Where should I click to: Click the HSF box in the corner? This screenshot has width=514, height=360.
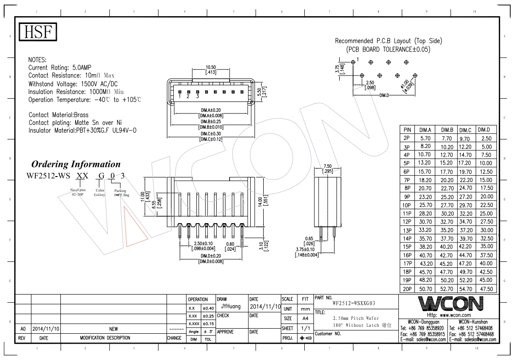point(38,32)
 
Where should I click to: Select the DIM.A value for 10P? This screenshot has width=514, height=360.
point(425,205)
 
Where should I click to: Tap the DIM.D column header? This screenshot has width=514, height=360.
point(484,130)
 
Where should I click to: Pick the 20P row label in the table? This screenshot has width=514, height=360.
point(407,289)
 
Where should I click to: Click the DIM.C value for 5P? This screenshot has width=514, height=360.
point(465,163)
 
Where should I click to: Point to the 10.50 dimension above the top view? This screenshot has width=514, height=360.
point(211,67)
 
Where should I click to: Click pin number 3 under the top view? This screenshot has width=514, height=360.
point(198,96)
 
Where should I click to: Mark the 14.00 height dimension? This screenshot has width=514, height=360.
point(260,201)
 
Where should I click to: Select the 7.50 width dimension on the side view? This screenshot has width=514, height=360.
point(327,166)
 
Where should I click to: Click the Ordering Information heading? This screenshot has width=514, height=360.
point(76,164)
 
